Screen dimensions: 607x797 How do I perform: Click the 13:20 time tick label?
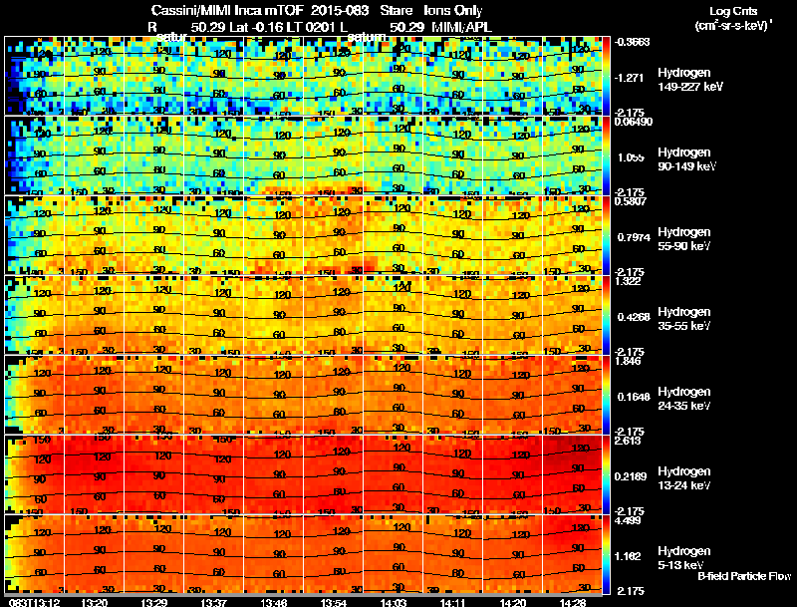click(x=96, y=602)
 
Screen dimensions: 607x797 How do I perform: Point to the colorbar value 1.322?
click(x=629, y=281)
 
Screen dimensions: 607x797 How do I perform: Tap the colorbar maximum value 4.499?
click(x=629, y=519)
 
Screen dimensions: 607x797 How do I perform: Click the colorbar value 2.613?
click(x=629, y=441)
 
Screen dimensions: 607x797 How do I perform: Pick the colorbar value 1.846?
click(x=629, y=361)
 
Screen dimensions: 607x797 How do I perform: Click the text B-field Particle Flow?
click(x=744, y=576)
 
